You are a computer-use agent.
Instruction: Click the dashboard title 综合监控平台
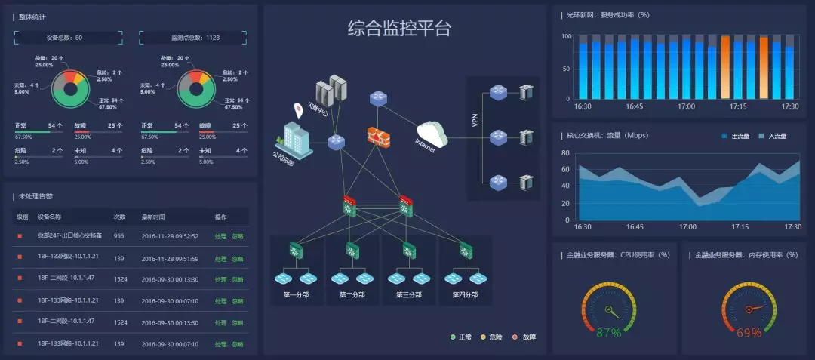pyautogui.click(x=399, y=29)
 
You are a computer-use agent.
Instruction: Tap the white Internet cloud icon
pyautogui.click(x=432, y=134)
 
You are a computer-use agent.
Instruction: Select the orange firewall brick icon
pyautogui.click(x=377, y=136)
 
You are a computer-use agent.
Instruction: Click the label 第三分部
pyautogui.click(x=409, y=294)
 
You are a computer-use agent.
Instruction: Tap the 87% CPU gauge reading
pyautogui.click(x=609, y=332)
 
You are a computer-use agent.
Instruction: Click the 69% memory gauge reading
pyautogui.click(x=749, y=332)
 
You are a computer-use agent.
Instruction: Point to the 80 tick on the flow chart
pyautogui.click(x=565, y=152)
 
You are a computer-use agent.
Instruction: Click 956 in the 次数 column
pyautogui.click(x=118, y=236)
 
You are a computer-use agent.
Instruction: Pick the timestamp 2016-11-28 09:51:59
pyautogui.click(x=170, y=258)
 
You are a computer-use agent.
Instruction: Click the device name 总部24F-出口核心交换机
pyautogui.click(x=70, y=236)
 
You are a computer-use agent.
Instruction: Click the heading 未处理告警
pyautogui.click(x=35, y=196)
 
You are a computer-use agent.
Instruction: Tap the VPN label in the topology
pyautogui.click(x=475, y=120)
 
